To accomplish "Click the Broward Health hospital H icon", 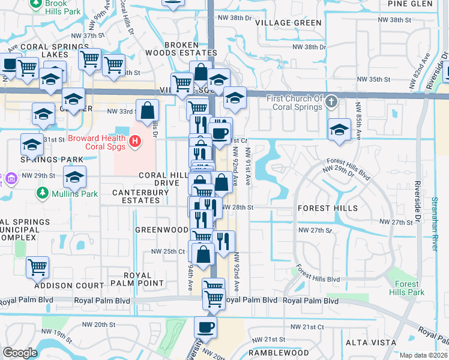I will pyautogui.click(x=136, y=141).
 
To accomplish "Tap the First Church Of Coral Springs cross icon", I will pyautogui.click(x=331, y=102).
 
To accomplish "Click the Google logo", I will pyautogui.click(x=20, y=353).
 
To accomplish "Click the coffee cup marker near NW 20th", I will pyautogui.click(x=205, y=328).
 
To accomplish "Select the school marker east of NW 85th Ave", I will pyautogui.click(x=339, y=129).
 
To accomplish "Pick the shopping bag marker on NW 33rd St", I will pyautogui.click(x=148, y=110).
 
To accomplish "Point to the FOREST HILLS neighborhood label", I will pyautogui.click(x=328, y=208).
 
